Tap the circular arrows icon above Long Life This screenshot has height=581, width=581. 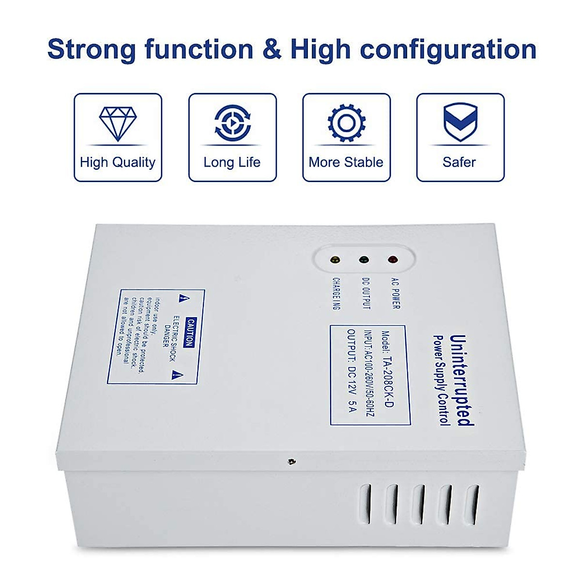[232, 123]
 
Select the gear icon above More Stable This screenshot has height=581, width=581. [346, 123]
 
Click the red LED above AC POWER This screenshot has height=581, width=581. [393, 260]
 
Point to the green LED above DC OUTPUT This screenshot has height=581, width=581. [364, 260]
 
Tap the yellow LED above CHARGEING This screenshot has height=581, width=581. [335, 260]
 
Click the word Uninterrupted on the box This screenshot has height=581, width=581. [460, 380]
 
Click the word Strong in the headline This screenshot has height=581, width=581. [92, 49]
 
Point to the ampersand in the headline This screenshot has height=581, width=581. [272, 49]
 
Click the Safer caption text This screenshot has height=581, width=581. [459, 162]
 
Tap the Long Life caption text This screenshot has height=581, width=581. [232, 162]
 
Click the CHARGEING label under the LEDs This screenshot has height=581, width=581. [336, 293]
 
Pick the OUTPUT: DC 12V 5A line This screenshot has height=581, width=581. [352, 370]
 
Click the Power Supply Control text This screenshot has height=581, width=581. [440, 380]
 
